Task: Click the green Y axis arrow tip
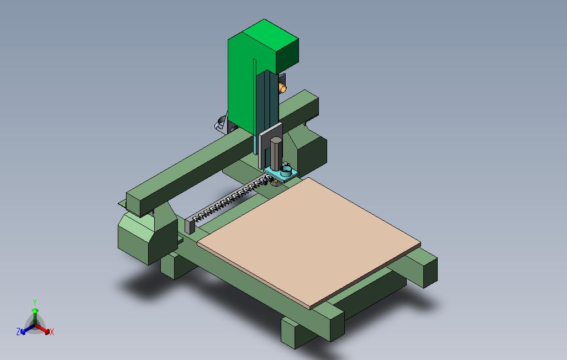click(x=35, y=310)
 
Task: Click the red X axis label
click(x=52, y=332)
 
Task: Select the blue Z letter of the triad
click(x=18, y=331)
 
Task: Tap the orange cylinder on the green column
click(x=282, y=87)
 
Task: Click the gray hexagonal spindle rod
click(x=276, y=153)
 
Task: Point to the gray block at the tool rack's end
click(x=190, y=225)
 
